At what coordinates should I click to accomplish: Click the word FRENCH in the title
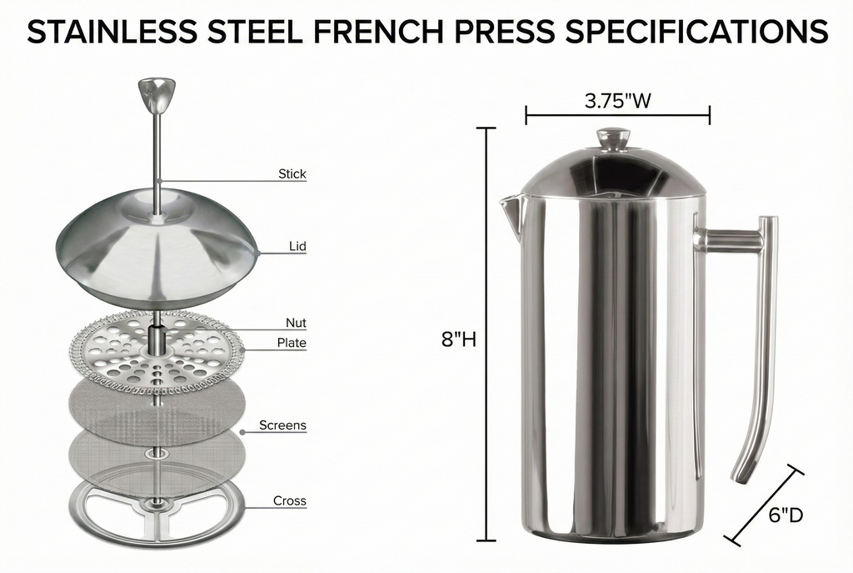[371, 32]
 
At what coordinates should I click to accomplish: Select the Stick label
[292, 174]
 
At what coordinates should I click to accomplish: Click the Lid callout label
[297, 246]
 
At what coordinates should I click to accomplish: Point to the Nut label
[296, 323]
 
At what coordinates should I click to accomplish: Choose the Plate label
[292, 343]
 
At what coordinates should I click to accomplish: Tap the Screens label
[282, 425]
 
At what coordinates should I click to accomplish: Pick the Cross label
[290, 501]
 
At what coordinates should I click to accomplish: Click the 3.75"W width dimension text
[617, 102]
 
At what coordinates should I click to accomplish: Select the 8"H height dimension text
[458, 339]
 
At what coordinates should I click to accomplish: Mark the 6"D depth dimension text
[785, 515]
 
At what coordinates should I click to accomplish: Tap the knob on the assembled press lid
[614, 138]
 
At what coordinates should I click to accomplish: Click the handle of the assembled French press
[757, 334]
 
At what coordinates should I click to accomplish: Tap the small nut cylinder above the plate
[156, 338]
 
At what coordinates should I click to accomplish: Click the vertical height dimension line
[486, 334]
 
